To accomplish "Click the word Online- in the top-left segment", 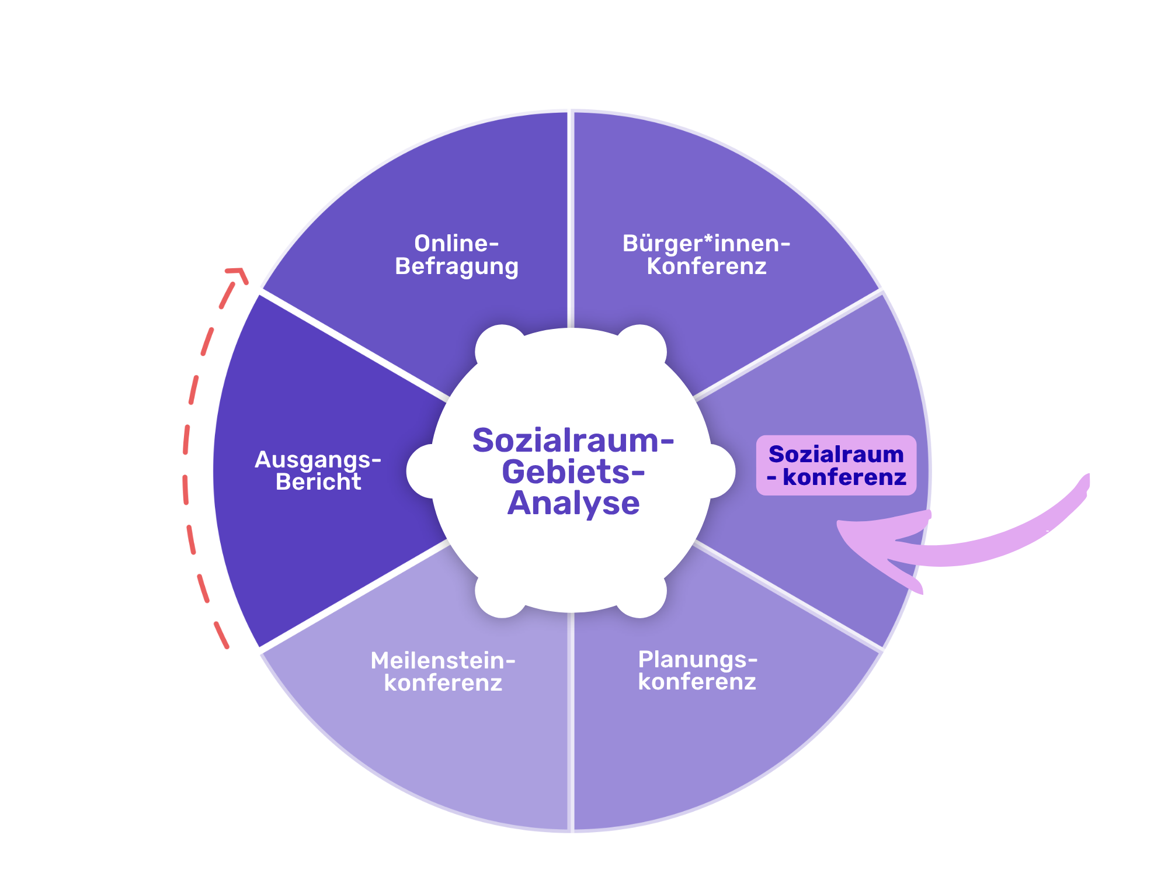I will [456, 244].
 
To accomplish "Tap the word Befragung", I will [456, 266].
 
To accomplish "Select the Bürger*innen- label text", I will [706, 244].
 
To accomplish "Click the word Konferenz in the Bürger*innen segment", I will [706, 266].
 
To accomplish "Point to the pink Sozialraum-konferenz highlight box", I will [836, 465].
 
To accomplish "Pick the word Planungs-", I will [697, 660].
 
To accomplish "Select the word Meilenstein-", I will [443, 661].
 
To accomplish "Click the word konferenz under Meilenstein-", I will [443, 683].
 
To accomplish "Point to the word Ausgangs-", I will [318, 460].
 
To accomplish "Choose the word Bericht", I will [318, 482].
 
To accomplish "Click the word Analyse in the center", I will [573, 503].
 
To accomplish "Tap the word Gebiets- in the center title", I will [573, 472].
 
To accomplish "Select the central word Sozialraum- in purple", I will [573, 440].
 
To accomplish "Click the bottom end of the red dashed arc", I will [225, 644].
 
